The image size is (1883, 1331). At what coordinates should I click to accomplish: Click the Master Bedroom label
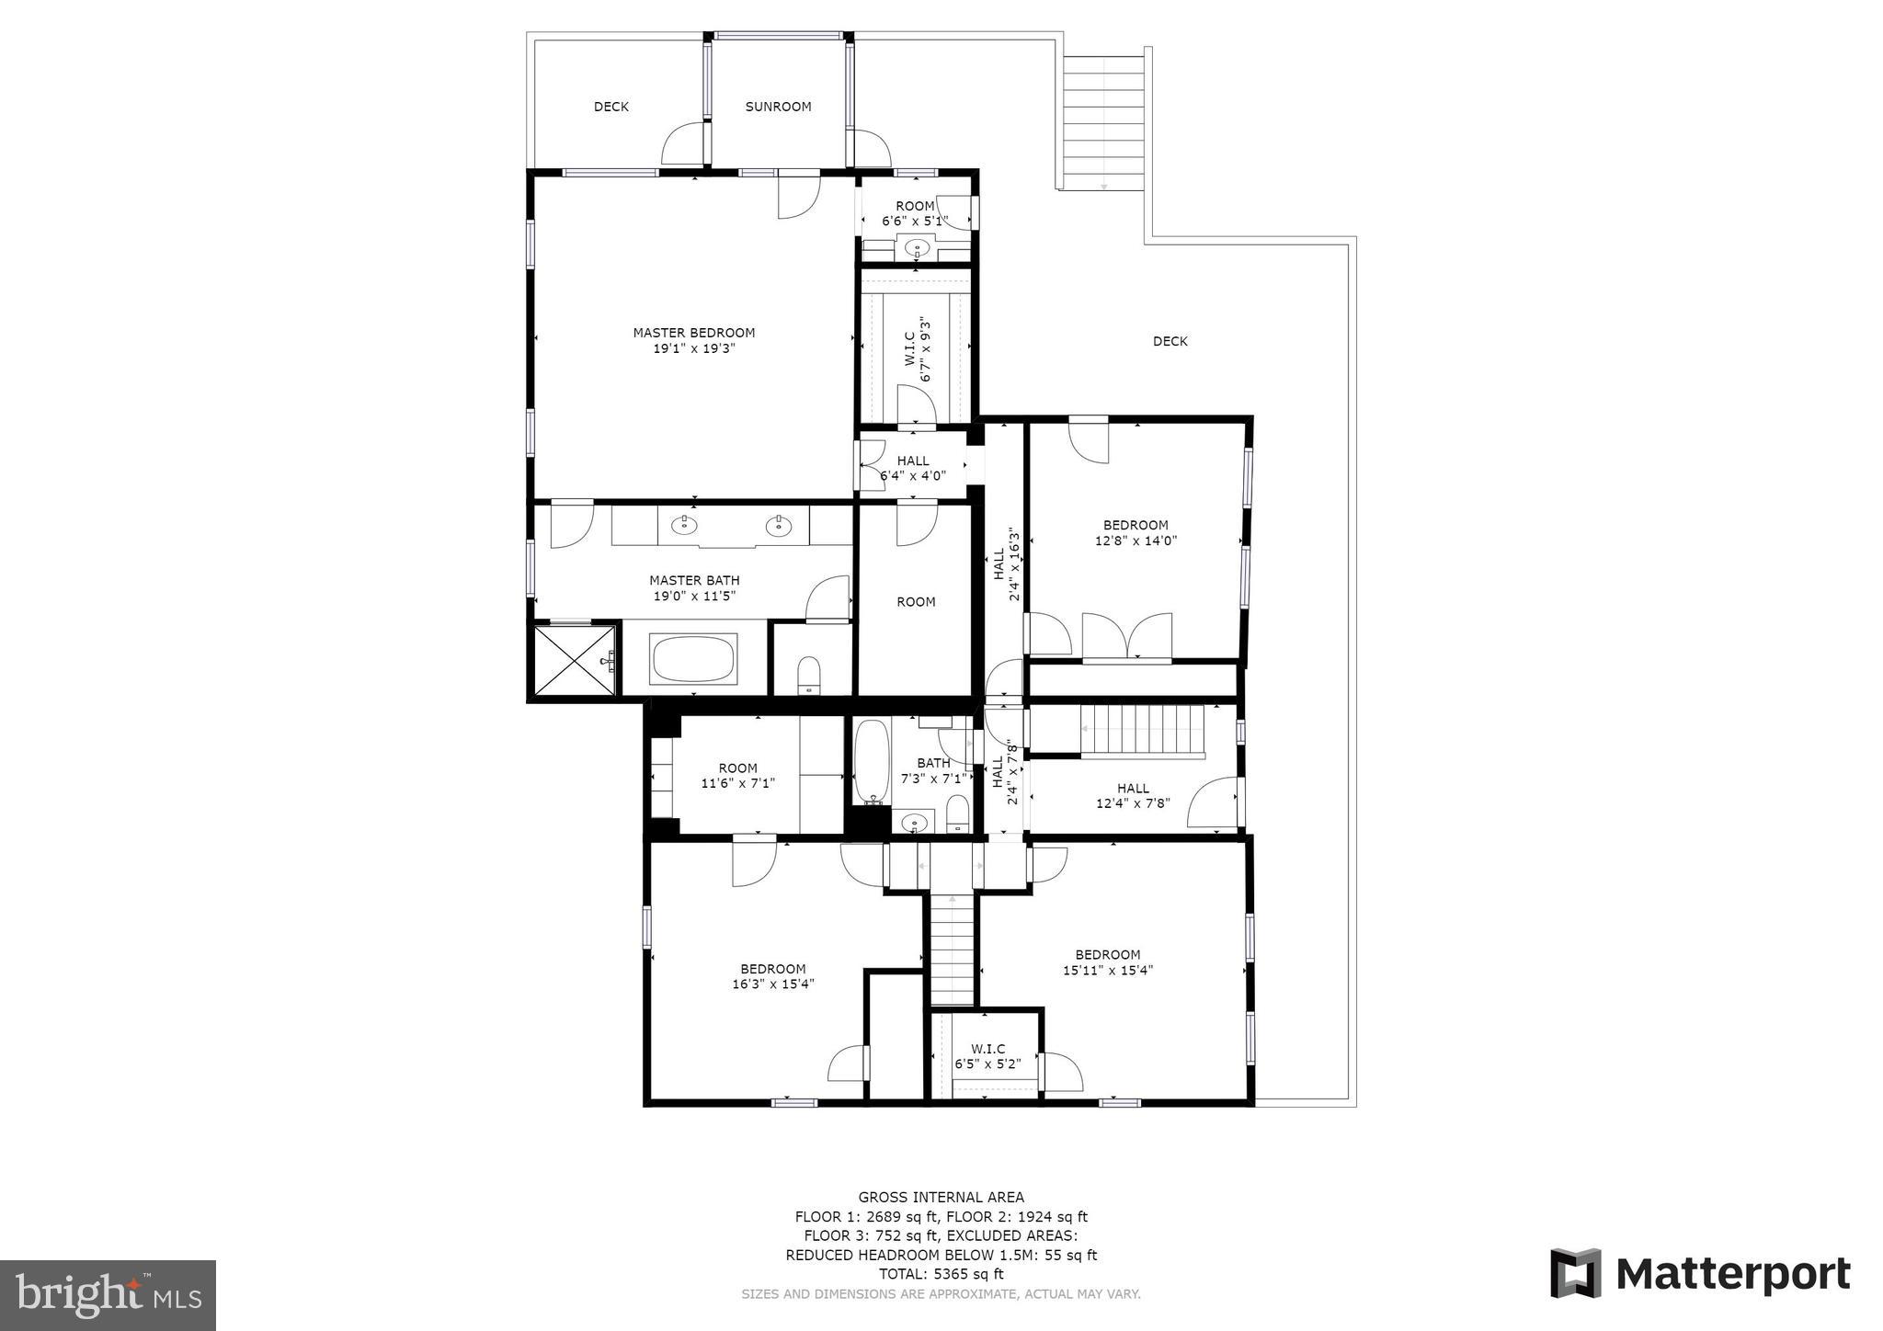(x=693, y=333)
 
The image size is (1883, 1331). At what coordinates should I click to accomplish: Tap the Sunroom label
(x=778, y=107)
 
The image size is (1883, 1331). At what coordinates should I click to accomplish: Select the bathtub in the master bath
(x=693, y=659)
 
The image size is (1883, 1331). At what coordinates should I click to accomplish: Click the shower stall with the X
(x=573, y=660)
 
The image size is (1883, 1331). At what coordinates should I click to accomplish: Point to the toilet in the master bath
(x=809, y=674)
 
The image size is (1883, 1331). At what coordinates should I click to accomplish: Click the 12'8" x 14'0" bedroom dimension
(x=1136, y=541)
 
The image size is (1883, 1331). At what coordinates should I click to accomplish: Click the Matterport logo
(x=1700, y=1274)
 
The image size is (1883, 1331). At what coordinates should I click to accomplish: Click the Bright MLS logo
(x=108, y=1295)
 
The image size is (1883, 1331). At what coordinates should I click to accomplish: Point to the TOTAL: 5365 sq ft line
(x=941, y=1274)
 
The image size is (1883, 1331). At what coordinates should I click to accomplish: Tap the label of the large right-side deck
(x=1170, y=341)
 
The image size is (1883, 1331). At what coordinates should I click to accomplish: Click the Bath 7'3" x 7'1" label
(x=933, y=763)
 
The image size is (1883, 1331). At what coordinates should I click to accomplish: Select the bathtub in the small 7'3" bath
(x=870, y=761)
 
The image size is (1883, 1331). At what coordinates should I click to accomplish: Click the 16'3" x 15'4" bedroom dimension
(x=772, y=984)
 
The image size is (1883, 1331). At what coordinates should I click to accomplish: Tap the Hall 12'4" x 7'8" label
(x=1133, y=788)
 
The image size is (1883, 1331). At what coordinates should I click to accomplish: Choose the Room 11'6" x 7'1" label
(x=737, y=768)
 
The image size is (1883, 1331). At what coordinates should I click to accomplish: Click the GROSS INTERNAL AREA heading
(x=941, y=1197)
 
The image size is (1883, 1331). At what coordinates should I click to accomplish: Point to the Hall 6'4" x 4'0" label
(x=912, y=461)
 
